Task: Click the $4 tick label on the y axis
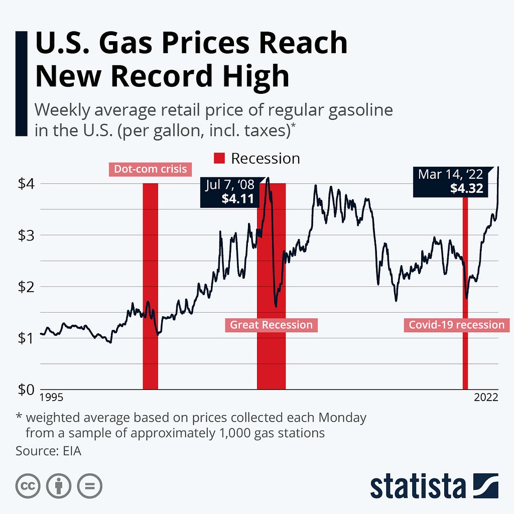pyautogui.click(x=26, y=184)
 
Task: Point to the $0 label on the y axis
pyautogui.click(x=26, y=390)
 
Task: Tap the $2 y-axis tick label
pyautogui.click(x=26, y=287)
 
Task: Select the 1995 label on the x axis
pyautogui.click(x=51, y=398)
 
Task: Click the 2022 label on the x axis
pyautogui.click(x=486, y=398)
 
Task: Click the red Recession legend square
pyautogui.click(x=219, y=158)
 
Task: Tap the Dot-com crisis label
pyautogui.click(x=151, y=169)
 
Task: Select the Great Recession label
pyautogui.click(x=272, y=325)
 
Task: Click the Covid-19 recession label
pyautogui.click(x=457, y=325)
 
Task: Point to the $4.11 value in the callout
pyautogui.click(x=237, y=199)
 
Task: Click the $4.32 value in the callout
pyautogui.click(x=466, y=189)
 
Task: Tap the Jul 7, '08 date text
pyautogui.click(x=230, y=185)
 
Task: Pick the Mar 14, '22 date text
pyautogui.click(x=450, y=174)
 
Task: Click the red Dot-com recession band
pyautogui.click(x=151, y=286)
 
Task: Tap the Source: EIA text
pyautogui.click(x=49, y=451)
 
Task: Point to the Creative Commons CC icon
pyautogui.click(x=28, y=486)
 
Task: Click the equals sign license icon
pyautogui.click(x=90, y=486)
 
